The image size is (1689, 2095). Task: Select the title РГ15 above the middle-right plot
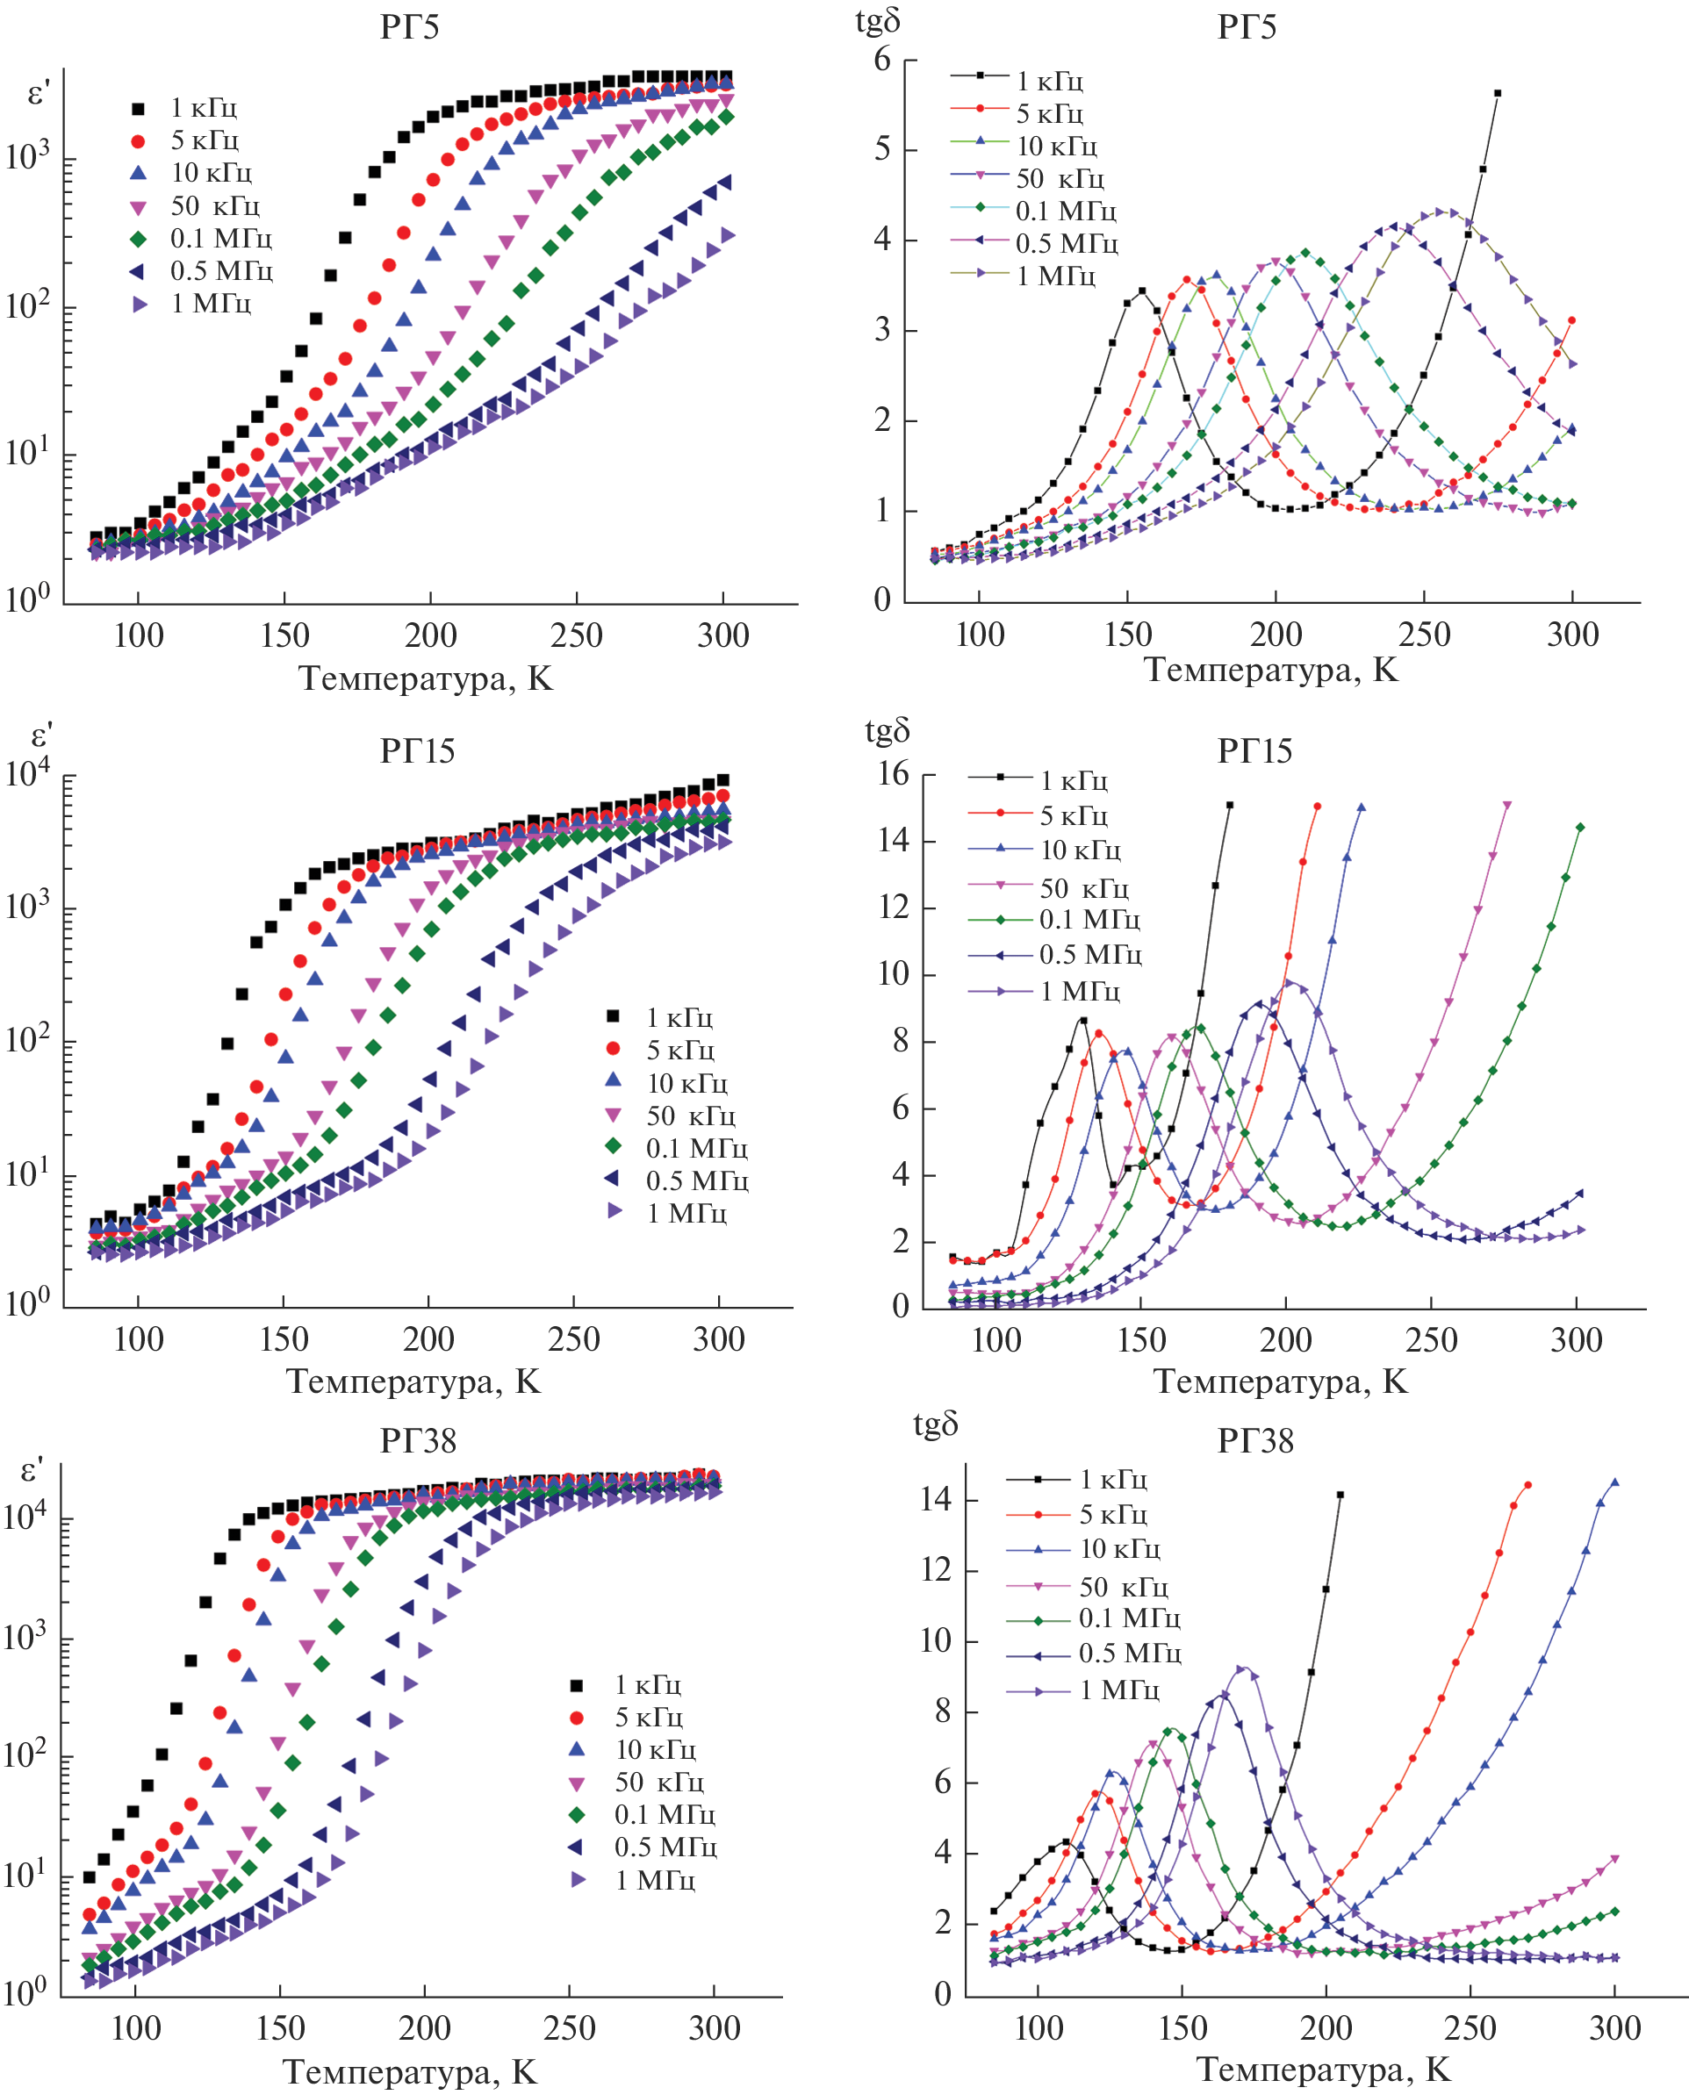click(x=1254, y=751)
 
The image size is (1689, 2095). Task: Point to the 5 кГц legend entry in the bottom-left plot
click(x=648, y=1717)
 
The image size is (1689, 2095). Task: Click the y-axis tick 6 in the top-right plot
click(x=882, y=61)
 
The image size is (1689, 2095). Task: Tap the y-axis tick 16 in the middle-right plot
click(x=893, y=774)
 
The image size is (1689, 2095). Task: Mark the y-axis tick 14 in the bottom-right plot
click(x=936, y=1499)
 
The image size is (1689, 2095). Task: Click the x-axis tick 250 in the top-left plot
click(x=576, y=636)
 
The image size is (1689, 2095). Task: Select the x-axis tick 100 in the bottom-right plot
click(x=1039, y=2029)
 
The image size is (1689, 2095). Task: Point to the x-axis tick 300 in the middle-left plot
click(x=718, y=1339)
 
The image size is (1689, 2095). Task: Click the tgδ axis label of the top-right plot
click(x=878, y=21)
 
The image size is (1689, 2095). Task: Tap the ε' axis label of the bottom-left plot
click(x=33, y=1472)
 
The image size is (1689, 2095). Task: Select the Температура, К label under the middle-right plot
click(x=1281, y=1381)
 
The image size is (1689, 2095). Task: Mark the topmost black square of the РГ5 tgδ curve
click(x=1498, y=93)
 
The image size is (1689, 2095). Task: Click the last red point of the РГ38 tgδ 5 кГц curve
click(x=1527, y=1485)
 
